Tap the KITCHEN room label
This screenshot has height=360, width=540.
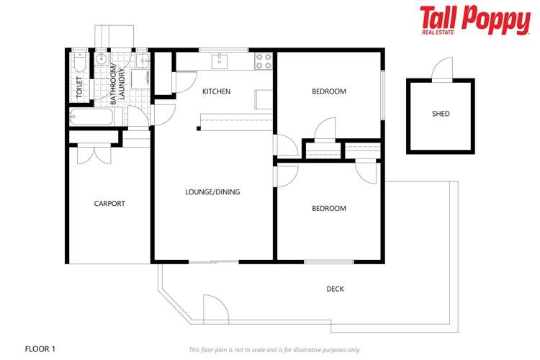pos(216,91)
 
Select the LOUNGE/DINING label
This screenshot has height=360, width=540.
pos(212,192)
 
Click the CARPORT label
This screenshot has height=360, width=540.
pos(109,204)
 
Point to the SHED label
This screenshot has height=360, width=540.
pos(441,114)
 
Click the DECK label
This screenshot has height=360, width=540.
pos(335,289)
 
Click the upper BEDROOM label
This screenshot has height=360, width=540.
pos(328,91)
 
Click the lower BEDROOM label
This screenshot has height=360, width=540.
pos(328,209)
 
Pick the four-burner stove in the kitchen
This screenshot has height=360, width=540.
pos(263,60)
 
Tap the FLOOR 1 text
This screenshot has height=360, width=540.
pos(40,349)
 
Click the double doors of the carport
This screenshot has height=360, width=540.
pos(95,153)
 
